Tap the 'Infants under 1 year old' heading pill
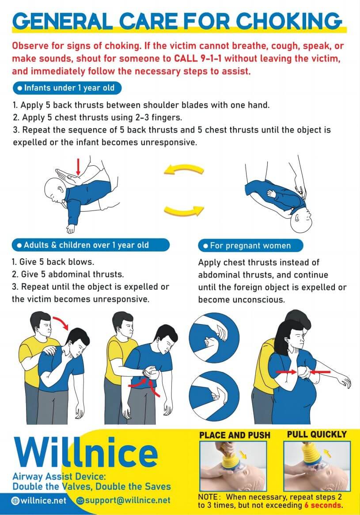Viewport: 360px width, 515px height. coord(67,88)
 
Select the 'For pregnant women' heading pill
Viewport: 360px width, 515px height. coord(250,246)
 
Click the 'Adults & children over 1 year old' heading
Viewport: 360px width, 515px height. coord(91,245)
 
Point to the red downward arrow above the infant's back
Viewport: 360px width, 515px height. coord(78,167)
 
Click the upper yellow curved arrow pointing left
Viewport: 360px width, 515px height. coord(184,168)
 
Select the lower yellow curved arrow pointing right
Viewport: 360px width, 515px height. coord(184,210)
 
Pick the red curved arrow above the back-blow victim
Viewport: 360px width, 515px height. coord(61,321)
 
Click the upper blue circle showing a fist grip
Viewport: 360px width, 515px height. coord(214,338)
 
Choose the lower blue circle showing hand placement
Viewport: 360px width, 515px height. coord(214,396)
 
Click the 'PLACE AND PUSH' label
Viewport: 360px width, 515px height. coord(235,435)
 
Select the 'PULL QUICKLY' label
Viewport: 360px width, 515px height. coord(317,434)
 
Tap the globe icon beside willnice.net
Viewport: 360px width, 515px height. coord(15,500)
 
